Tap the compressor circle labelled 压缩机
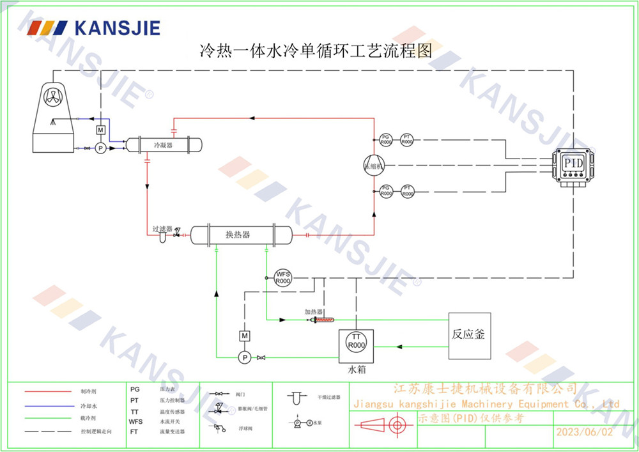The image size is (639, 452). (373, 164)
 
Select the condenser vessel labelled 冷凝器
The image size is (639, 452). (164, 145)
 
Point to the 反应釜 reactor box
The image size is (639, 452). (470, 334)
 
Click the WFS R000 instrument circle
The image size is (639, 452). (282, 277)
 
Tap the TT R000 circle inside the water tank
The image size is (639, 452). (357, 341)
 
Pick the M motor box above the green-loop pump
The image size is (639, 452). (243, 336)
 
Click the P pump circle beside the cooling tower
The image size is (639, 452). (100, 148)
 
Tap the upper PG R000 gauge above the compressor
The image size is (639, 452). (385, 139)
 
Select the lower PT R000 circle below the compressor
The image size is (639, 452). (407, 191)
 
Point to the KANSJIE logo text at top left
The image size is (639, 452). (117, 27)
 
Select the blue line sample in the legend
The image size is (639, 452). (48, 405)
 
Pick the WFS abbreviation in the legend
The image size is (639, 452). (135, 422)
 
